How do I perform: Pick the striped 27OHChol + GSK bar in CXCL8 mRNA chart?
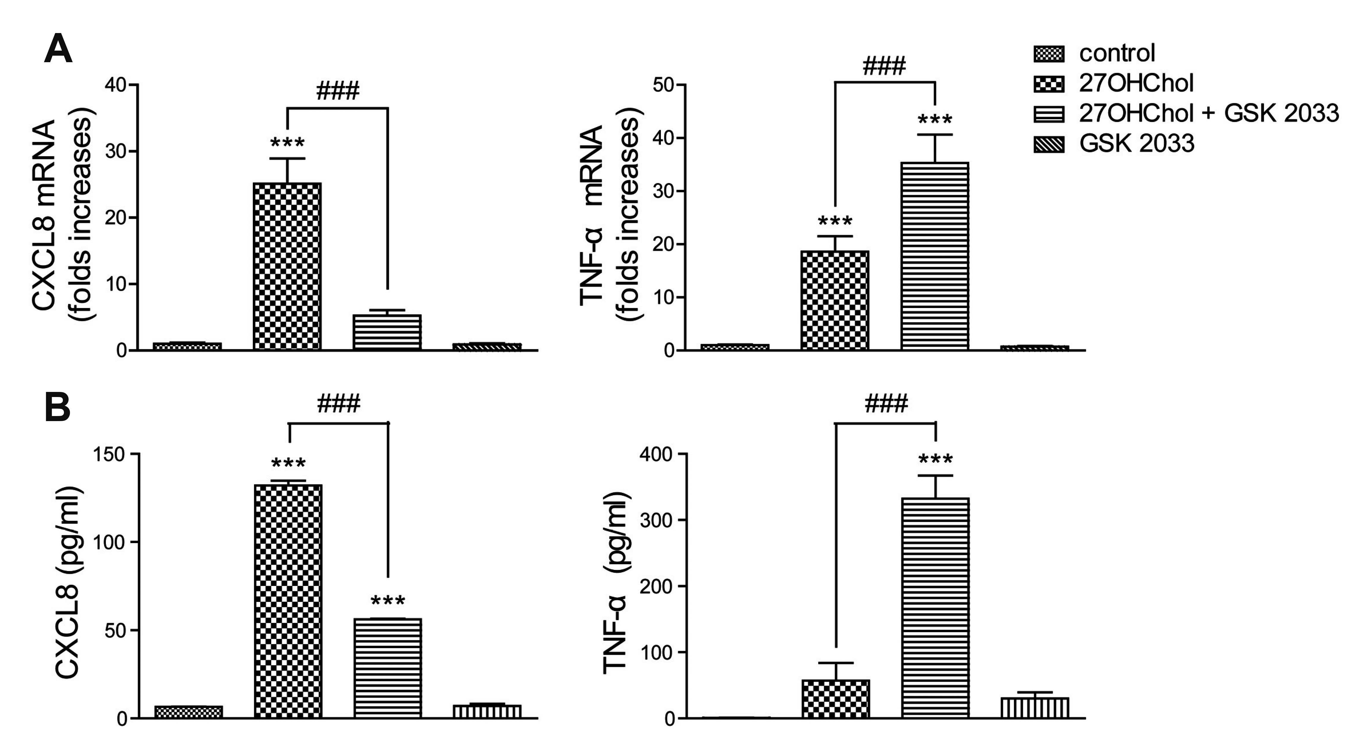coord(387,332)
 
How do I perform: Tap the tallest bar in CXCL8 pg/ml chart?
coord(288,601)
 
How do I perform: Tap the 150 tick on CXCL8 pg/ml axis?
coord(109,454)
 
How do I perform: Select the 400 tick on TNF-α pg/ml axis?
coord(656,454)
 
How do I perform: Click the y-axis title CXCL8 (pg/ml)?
coord(68,583)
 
